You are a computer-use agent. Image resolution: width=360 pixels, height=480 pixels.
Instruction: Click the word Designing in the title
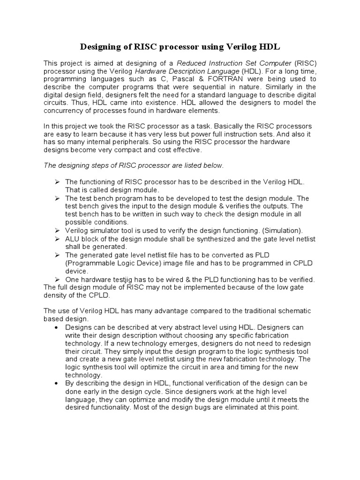pyautogui.click(x=103, y=47)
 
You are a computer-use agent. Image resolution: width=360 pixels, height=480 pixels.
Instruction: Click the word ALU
pyautogui.click(x=73, y=239)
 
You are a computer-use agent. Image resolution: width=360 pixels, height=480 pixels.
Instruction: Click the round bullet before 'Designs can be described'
pyautogui.click(x=57, y=327)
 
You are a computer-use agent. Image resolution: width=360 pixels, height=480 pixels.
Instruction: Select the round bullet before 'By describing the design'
pyautogui.click(x=57, y=383)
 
